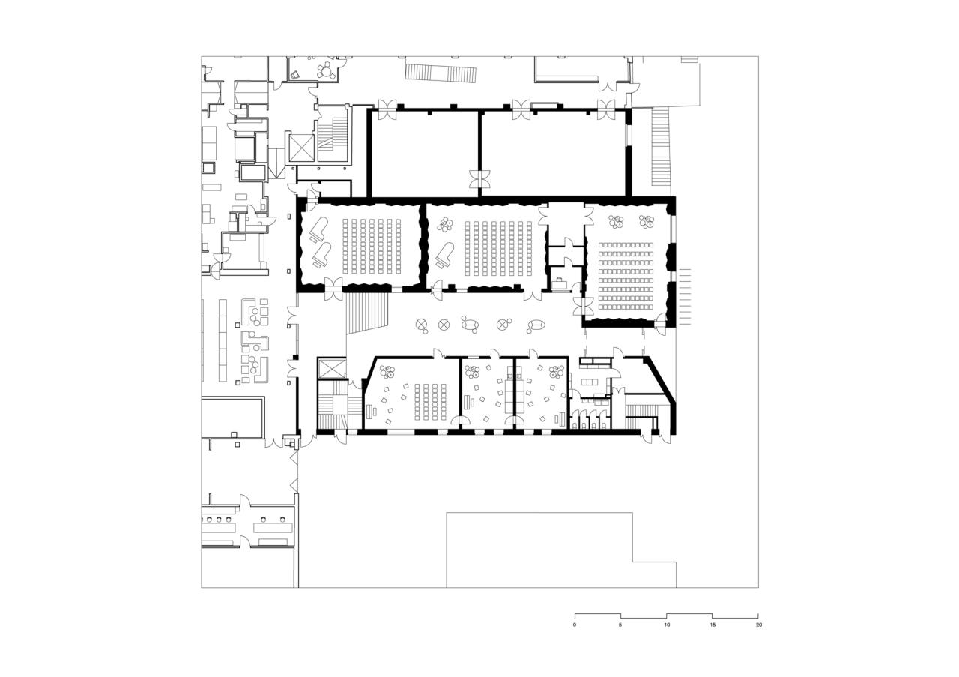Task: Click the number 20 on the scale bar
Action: [759, 625]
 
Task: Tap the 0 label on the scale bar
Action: [575, 625]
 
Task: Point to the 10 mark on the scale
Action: [667, 625]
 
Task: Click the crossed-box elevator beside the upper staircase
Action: [300, 147]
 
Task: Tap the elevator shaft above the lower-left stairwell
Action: [330, 368]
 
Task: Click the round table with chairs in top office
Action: [325, 72]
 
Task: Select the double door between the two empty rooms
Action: [478, 179]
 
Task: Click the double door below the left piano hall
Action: [333, 289]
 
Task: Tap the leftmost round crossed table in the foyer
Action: [422, 325]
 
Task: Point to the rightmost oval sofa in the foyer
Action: [536, 325]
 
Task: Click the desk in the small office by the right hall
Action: [560, 283]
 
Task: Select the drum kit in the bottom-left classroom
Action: [387, 370]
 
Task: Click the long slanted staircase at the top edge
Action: [441, 73]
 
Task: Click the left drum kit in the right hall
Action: [616, 222]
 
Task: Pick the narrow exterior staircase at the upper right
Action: [661, 146]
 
